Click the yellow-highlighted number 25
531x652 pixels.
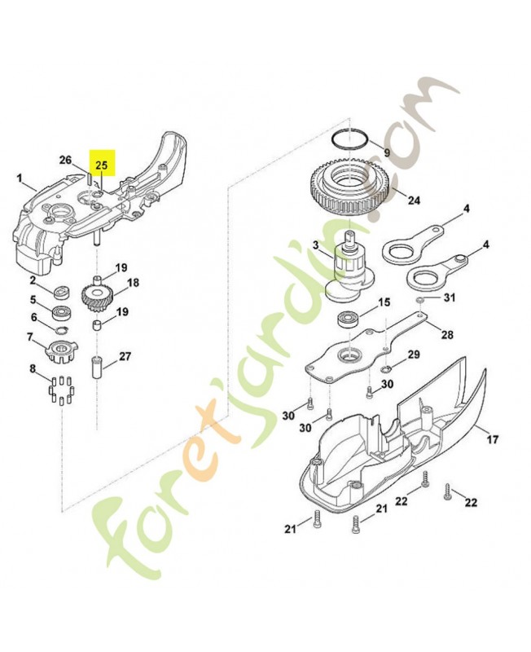pyautogui.click(x=102, y=165)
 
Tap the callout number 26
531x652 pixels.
pyautogui.click(x=66, y=160)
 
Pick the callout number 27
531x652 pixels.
pyautogui.click(x=125, y=356)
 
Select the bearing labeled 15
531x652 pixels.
pyautogui.click(x=349, y=319)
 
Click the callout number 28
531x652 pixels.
pyautogui.click(x=447, y=335)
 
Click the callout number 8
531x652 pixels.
pyautogui.click(x=33, y=369)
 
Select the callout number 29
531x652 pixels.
pyautogui.click(x=413, y=355)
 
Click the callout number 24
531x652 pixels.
pyautogui.click(x=414, y=200)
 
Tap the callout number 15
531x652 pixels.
pyautogui.click(x=384, y=301)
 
